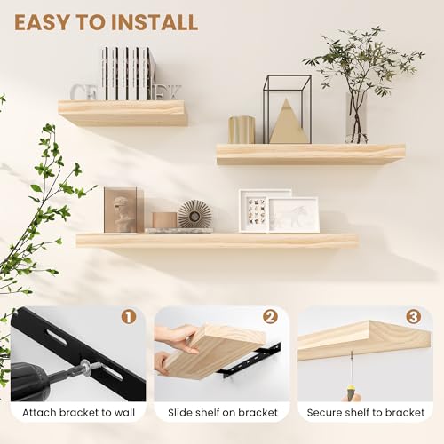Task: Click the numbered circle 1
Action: tap(129, 317)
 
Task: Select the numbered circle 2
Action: tap(270, 317)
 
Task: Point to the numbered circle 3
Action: tap(414, 317)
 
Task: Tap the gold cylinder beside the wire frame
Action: tap(242, 130)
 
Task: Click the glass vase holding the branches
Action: tap(356, 118)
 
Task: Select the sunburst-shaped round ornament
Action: tap(194, 214)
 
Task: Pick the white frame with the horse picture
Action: tap(293, 214)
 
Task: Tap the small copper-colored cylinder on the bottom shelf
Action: tap(164, 220)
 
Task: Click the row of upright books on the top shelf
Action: tap(128, 74)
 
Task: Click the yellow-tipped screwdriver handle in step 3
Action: tap(352, 392)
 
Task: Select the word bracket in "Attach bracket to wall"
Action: tap(78, 412)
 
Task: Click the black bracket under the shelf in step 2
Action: tap(248, 362)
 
